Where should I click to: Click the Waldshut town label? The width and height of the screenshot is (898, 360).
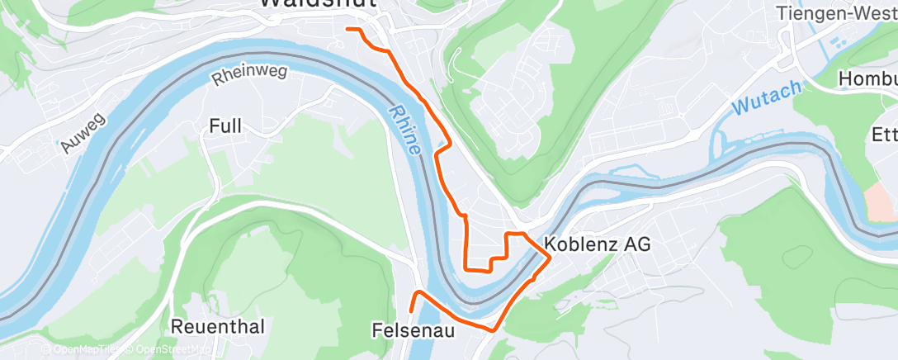[319, 3]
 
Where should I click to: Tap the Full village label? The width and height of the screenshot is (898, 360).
[225, 126]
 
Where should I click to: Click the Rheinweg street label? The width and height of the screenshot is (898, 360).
[249, 76]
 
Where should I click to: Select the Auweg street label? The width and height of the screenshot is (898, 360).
[83, 133]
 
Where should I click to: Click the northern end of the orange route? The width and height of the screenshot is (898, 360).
[347, 29]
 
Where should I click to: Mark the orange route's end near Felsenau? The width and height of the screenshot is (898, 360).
[411, 311]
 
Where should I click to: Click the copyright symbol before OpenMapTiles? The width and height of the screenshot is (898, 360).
[46, 350]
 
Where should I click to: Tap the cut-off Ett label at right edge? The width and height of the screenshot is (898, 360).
[884, 135]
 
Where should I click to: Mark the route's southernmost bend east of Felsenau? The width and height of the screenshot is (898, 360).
[493, 330]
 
